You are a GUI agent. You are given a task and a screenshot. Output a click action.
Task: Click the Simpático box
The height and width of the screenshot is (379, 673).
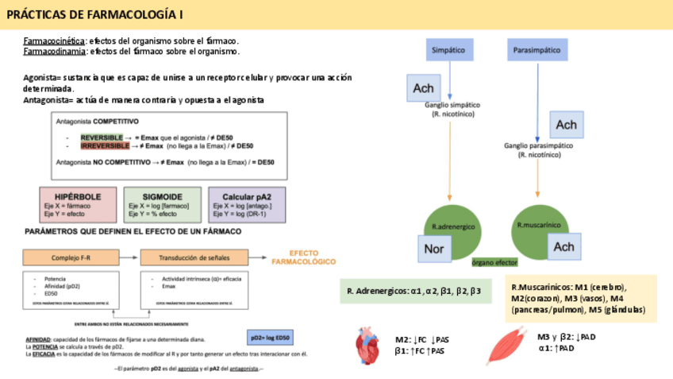tap(448, 50)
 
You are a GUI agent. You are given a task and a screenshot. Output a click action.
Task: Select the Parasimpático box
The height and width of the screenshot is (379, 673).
tap(538, 50)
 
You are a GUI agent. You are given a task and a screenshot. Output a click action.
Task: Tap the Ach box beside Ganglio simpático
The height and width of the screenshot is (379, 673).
tap(423, 88)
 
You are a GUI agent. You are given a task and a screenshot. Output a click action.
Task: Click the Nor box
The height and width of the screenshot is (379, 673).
tap(434, 248)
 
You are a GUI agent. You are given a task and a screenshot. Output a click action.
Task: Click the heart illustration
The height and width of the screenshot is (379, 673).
tap(371, 344)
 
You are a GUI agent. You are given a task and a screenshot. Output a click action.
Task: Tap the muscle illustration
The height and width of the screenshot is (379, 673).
tap(504, 346)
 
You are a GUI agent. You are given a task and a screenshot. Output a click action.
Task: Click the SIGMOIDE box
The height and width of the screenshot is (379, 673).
tap(163, 204)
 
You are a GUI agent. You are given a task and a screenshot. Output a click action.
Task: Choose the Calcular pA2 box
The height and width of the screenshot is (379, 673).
tap(247, 204)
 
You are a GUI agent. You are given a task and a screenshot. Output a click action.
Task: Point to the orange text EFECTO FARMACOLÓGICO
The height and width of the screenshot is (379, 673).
tap(303, 256)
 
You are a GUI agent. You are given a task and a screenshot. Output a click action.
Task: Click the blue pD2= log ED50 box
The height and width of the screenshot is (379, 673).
tap(270, 338)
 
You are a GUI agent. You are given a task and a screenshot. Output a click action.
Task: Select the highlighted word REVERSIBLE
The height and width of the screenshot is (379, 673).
tap(101, 137)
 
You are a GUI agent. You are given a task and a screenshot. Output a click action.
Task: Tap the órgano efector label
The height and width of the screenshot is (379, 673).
tap(494, 261)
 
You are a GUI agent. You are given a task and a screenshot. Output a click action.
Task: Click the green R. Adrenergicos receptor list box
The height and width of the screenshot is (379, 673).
tap(413, 292)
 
